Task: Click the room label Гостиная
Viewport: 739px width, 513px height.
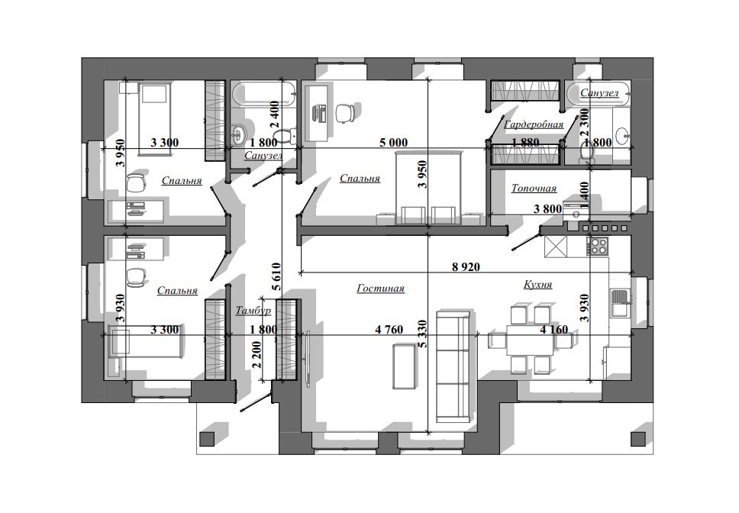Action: [380, 288]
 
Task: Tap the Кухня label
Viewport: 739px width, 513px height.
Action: [537, 285]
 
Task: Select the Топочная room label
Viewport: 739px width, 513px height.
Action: [534, 189]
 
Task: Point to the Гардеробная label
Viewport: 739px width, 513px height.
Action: [534, 124]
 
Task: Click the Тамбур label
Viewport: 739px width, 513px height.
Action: [253, 310]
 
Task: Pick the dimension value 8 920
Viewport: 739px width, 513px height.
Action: [466, 267]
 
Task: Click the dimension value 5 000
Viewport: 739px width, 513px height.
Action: [393, 142]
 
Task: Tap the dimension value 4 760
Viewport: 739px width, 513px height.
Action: [389, 330]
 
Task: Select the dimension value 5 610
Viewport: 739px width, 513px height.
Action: [276, 276]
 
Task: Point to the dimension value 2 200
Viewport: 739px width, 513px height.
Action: [257, 355]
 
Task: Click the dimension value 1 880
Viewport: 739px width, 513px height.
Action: [525, 142]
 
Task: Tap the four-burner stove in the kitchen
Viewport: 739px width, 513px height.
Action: [597, 246]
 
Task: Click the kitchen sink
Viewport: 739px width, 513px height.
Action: [619, 303]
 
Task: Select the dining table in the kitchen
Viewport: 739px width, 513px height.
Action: [531, 340]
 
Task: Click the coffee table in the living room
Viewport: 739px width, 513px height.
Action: [405, 366]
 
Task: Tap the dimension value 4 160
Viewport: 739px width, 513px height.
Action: [553, 330]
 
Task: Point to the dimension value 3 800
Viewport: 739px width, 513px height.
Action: [547, 208]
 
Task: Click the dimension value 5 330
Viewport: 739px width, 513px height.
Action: [423, 334]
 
